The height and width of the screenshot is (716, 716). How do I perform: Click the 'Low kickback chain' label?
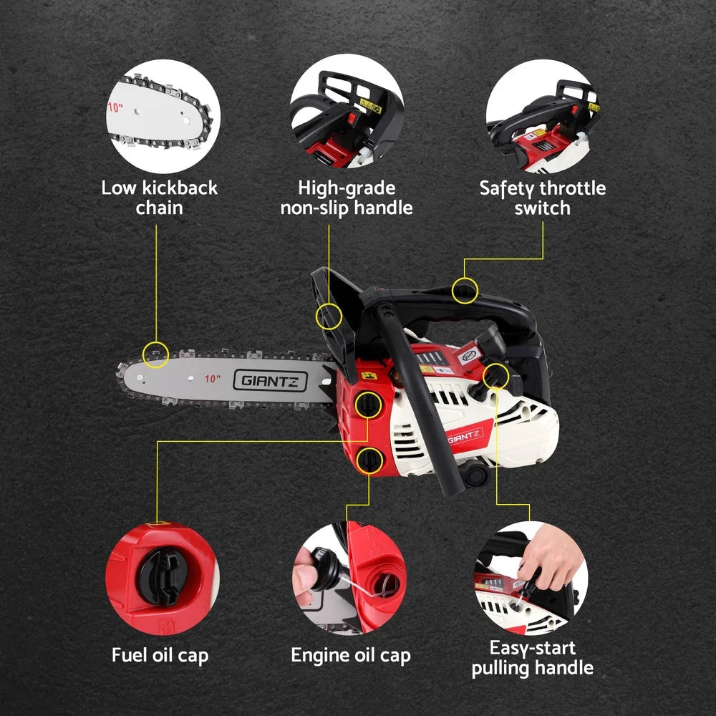159,198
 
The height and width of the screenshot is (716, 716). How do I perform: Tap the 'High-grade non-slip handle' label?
347,198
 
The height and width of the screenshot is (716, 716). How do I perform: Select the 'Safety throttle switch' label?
542,198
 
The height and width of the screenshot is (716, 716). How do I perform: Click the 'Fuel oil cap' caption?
160,654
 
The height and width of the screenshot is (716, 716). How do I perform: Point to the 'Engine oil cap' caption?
351,654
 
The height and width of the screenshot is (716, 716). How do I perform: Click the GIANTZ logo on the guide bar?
270,380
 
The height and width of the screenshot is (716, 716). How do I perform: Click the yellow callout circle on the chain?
156,353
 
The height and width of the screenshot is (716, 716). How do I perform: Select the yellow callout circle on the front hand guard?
329,315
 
